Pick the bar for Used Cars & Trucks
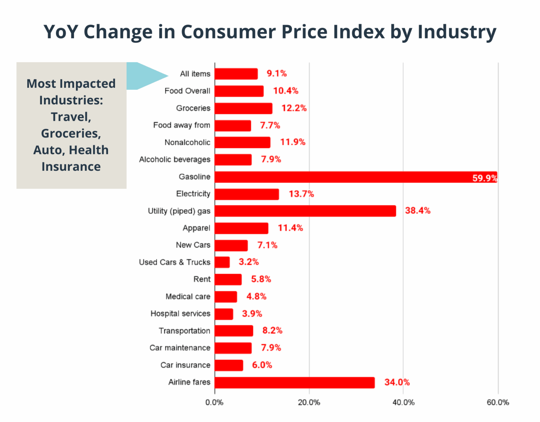click(222, 262)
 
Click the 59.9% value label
click(485, 178)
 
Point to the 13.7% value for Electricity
click(301, 194)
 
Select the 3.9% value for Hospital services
click(252, 314)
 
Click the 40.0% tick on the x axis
click(403, 402)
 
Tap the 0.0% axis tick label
click(214, 402)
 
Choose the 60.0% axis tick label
click(498, 402)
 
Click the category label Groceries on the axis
click(193, 108)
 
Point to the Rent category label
click(202, 279)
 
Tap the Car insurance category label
click(185, 365)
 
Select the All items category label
click(195, 74)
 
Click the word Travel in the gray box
click(71, 117)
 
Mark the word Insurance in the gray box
click(71, 167)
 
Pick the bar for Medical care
click(225, 297)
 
